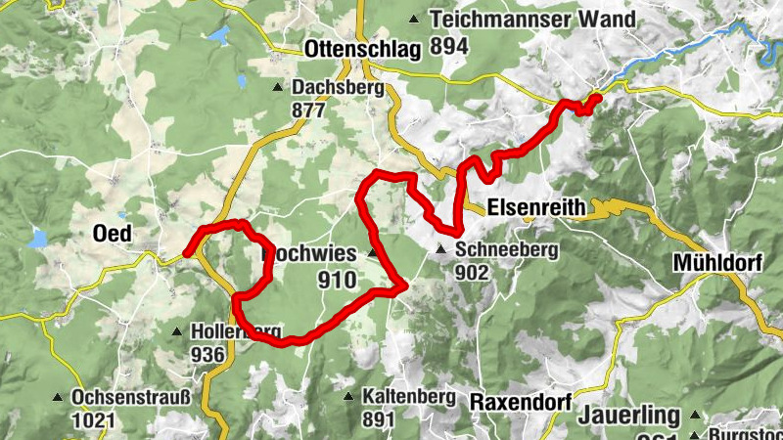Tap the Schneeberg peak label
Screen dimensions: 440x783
tap(506, 250)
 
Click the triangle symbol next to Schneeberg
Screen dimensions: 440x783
tap(442, 251)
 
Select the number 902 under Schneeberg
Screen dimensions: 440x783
tap(472, 273)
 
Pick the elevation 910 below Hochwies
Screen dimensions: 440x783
tap(339, 280)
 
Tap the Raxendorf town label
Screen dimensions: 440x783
tap(518, 402)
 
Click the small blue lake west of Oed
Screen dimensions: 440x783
tap(38, 238)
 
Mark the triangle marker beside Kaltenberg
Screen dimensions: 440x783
tap(349, 397)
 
